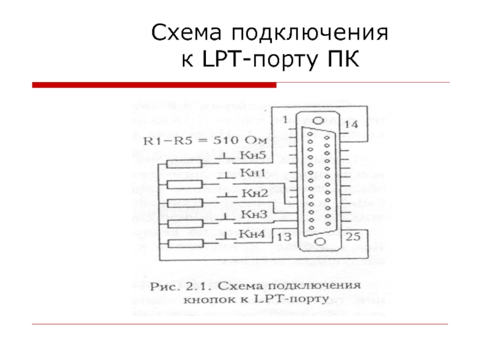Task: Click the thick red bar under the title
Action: pos(154,85)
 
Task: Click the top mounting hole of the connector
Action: pos(319,120)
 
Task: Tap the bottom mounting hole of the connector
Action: pos(319,242)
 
